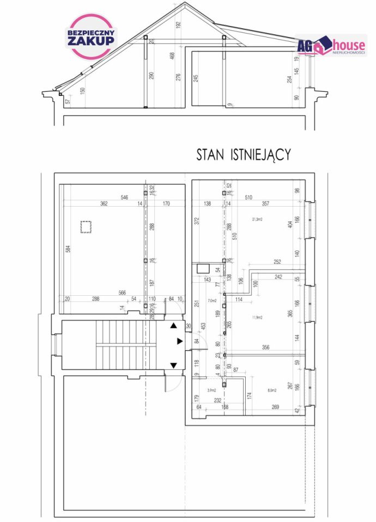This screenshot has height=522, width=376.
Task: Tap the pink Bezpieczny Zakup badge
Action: (91, 36)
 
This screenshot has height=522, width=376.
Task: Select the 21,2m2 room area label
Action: (257, 220)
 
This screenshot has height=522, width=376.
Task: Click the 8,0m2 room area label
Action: (272, 390)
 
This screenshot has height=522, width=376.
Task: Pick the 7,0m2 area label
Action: (212, 300)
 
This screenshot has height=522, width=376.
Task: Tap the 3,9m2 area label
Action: (212, 390)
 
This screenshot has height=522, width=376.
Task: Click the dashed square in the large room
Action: (86, 226)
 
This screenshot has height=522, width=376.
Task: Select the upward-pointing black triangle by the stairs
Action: (174, 326)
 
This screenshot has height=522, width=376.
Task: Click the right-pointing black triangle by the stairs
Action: (180, 341)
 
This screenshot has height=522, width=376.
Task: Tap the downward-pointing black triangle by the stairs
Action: (174, 365)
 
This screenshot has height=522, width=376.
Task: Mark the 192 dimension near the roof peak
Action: (178, 25)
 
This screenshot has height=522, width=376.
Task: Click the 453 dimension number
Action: (202, 326)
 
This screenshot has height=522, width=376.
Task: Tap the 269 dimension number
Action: (275, 407)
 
